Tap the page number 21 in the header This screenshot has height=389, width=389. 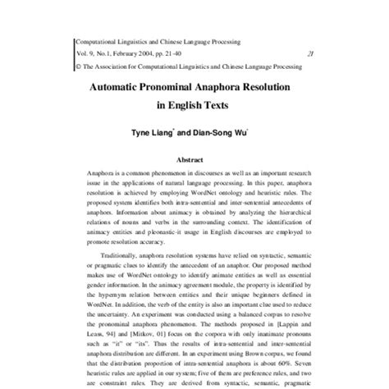click(x=309, y=51)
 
